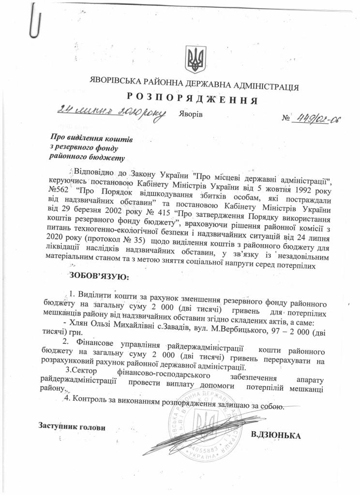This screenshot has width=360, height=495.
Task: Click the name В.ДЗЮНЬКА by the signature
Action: [x=276, y=436]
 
